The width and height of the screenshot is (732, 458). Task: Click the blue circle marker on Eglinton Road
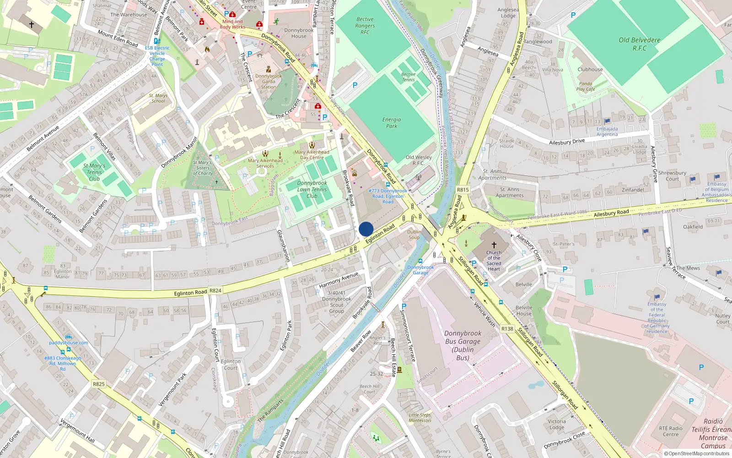coord(366,229)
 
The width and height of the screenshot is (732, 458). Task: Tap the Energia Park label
coord(392,123)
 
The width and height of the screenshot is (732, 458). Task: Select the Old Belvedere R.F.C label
coord(640,44)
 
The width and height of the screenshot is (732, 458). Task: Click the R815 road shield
coord(463,190)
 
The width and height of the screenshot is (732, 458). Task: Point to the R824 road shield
coord(215,290)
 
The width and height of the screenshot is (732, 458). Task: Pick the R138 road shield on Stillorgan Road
coord(507,329)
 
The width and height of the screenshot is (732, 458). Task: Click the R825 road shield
coord(99,384)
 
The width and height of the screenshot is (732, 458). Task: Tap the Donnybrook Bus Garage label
coord(463,345)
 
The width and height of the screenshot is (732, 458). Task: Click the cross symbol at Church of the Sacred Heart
coord(494,245)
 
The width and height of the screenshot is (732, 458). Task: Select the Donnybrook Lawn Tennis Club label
coord(312,189)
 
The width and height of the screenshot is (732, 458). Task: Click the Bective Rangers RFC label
coord(365,26)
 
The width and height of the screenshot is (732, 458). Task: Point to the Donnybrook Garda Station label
coord(269,82)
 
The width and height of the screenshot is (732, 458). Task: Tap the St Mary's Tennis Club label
coord(94,172)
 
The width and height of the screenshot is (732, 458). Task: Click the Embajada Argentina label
coord(607,132)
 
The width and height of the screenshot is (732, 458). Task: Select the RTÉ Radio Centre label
coord(671,431)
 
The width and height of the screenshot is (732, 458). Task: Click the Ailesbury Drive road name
coord(567,142)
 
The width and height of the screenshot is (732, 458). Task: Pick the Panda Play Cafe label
coord(586,87)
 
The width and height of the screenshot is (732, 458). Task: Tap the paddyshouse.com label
coord(69,343)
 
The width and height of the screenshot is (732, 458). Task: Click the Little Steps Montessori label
coord(420,418)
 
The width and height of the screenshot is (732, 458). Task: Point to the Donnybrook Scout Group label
coord(337,302)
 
